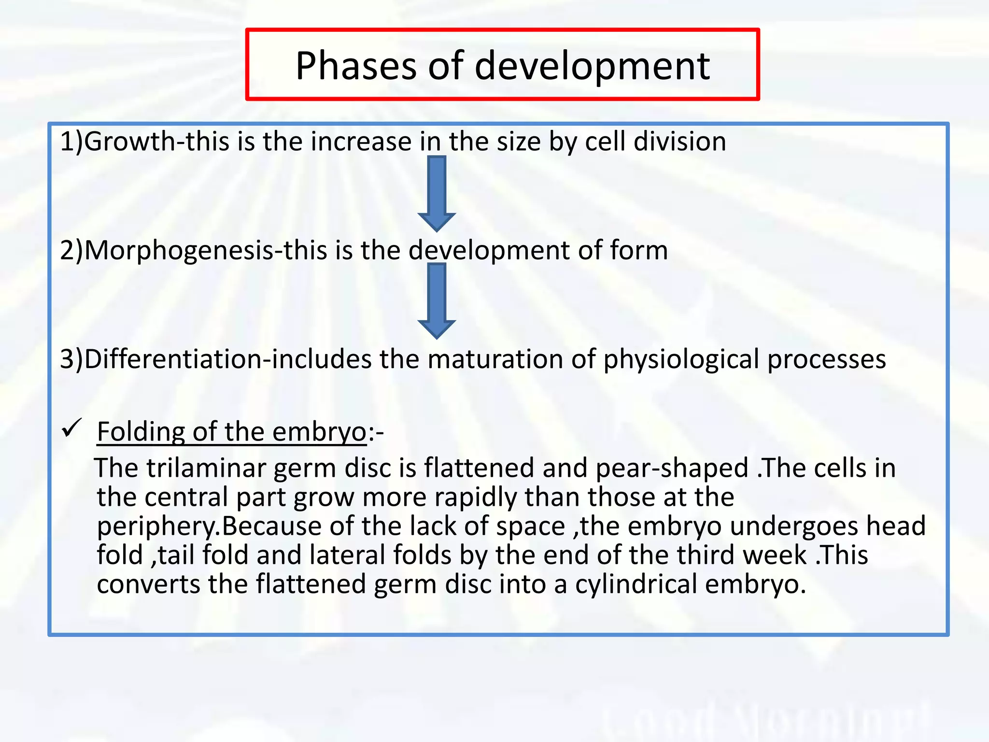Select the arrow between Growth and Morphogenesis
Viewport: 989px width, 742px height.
pos(437,193)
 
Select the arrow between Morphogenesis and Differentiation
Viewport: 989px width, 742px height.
pos(437,300)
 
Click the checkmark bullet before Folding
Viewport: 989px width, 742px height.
pos(72,428)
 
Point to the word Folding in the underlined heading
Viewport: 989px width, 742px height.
pos(141,431)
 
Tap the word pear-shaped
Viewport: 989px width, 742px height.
pos(672,468)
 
